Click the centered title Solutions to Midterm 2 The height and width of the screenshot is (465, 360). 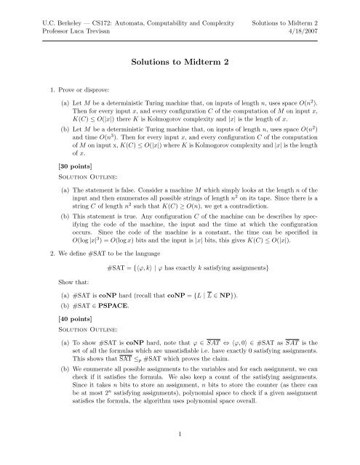(179, 63)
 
